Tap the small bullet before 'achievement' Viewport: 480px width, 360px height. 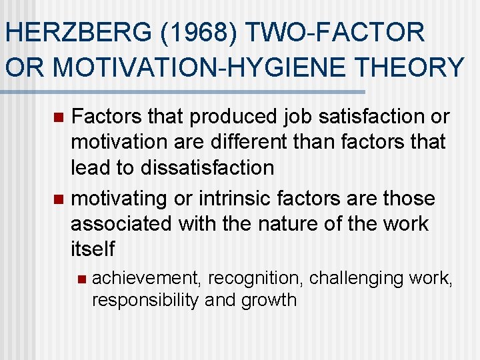pyautogui.click(x=81, y=277)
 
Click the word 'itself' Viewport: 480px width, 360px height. pyautogui.click(x=93, y=249)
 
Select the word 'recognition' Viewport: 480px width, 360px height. pyautogui.click(x=250, y=277)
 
